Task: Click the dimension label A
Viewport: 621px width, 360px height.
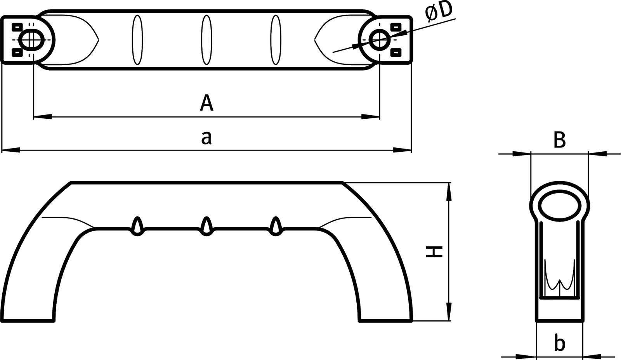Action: click(x=206, y=103)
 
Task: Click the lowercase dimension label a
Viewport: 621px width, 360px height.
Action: click(x=206, y=138)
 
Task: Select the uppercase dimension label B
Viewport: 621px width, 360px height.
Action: click(x=559, y=140)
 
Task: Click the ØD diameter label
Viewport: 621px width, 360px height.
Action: click(x=439, y=12)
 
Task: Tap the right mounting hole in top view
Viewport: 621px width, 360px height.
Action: click(x=378, y=39)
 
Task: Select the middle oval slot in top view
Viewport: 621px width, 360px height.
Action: click(x=207, y=40)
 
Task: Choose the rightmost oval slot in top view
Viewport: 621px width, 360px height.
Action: click(x=276, y=40)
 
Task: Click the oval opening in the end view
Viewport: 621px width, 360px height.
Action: click(x=559, y=206)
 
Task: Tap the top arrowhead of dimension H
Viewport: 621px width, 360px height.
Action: click(x=449, y=192)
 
